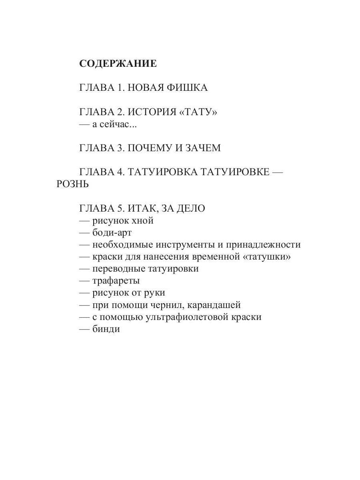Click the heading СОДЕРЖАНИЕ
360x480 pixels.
tap(118, 64)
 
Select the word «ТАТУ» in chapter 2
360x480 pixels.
tap(198, 112)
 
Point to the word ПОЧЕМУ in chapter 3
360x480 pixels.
tap(149, 148)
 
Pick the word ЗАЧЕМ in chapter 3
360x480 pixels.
tap(202, 148)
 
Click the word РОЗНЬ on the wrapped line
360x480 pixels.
tap(72, 184)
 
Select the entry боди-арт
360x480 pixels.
tap(112, 233)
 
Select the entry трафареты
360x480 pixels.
tap(116, 281)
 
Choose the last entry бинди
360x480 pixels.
tap(106, 329)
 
